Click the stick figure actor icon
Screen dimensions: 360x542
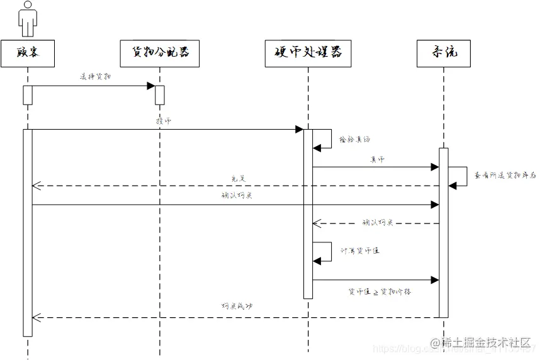tap(28, 19)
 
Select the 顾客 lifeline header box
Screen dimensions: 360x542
tap(28, 53)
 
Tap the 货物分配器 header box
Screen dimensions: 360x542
tap(159, 53)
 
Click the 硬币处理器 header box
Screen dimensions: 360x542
tap(308, 53)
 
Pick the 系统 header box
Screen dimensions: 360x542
tap(443, 53)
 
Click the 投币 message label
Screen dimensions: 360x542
tap(163, 121)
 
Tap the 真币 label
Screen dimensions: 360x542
tap(376, 160)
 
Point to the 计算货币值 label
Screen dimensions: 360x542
tap(359, 250)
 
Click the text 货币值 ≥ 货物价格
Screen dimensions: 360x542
tap(380, 291)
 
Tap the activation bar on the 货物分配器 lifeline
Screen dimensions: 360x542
tap(159, 95)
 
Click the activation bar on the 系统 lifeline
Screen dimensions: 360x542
tap(443, 233)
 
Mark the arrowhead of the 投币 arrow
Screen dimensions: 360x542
tap(300, 130)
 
